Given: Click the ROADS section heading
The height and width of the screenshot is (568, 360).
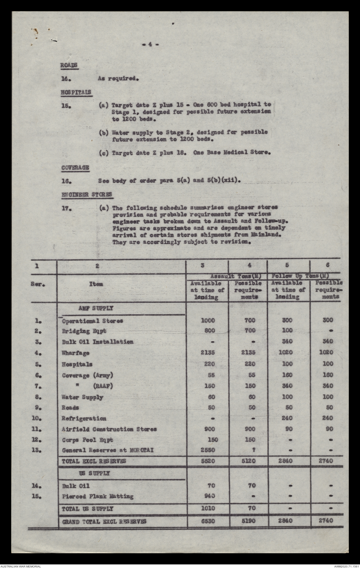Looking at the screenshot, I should (69, 65).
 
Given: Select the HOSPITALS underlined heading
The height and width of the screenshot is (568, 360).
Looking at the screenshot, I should (76, 92).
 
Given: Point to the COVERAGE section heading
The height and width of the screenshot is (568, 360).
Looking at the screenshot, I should (75, 168).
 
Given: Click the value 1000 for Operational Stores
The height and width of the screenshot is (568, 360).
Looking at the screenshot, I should (207, 320).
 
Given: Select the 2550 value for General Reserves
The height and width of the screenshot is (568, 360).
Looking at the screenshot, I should (207, 450).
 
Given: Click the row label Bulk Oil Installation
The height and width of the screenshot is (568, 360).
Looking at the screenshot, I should (98, 342).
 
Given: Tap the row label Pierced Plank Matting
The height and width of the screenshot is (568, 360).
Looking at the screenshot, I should (98, 496).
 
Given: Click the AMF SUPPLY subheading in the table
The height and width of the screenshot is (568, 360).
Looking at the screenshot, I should (96, 308).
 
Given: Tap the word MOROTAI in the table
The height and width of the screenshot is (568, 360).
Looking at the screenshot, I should (140, 450).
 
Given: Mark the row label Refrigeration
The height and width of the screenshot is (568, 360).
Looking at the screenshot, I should (84, 418).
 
